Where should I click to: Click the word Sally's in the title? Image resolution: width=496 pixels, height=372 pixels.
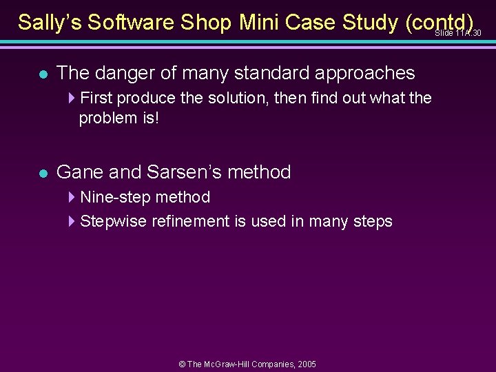coord(47,22)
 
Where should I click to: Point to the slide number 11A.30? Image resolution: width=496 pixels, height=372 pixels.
coord(458,33)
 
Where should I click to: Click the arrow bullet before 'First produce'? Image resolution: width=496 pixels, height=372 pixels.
coord(73,99)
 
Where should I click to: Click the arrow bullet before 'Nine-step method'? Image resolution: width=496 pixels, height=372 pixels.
coord(73,198)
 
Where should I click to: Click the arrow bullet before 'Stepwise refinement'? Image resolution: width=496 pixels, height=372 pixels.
coord(73,222)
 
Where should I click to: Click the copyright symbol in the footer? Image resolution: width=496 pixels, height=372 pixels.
coord(182,364)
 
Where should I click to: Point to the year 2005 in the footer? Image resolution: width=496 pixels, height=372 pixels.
coord(307,364)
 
